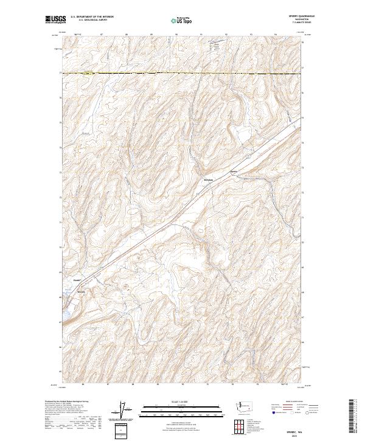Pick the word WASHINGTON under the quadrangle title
click(297, 20)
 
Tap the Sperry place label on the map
click(231, 171)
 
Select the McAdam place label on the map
click(207, 180)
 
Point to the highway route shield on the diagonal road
click(248, 156)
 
